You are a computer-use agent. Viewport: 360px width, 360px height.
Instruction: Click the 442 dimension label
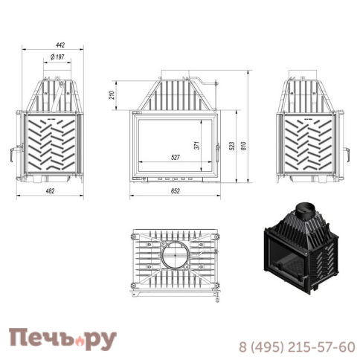point(60,45)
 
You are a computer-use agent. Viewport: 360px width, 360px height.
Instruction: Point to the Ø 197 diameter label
point(57,57)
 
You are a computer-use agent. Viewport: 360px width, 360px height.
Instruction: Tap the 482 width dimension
point(50,191)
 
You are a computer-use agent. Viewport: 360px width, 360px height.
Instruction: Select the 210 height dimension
point(112,95)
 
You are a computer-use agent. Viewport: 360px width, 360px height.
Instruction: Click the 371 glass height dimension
point(196,146)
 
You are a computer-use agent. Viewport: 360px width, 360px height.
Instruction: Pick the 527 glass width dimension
point(176,157)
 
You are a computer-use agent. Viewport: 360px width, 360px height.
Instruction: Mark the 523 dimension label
point(232,147)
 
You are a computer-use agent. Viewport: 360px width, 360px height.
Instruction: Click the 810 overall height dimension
point(244,146)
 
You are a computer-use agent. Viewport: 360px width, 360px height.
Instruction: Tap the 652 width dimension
point(176,191)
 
